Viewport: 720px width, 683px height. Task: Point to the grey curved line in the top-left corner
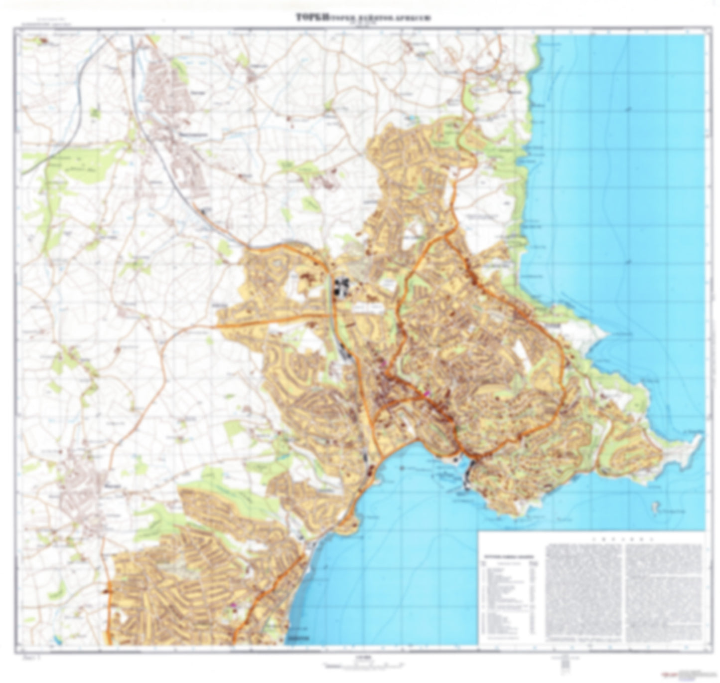[x=75, y=90]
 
